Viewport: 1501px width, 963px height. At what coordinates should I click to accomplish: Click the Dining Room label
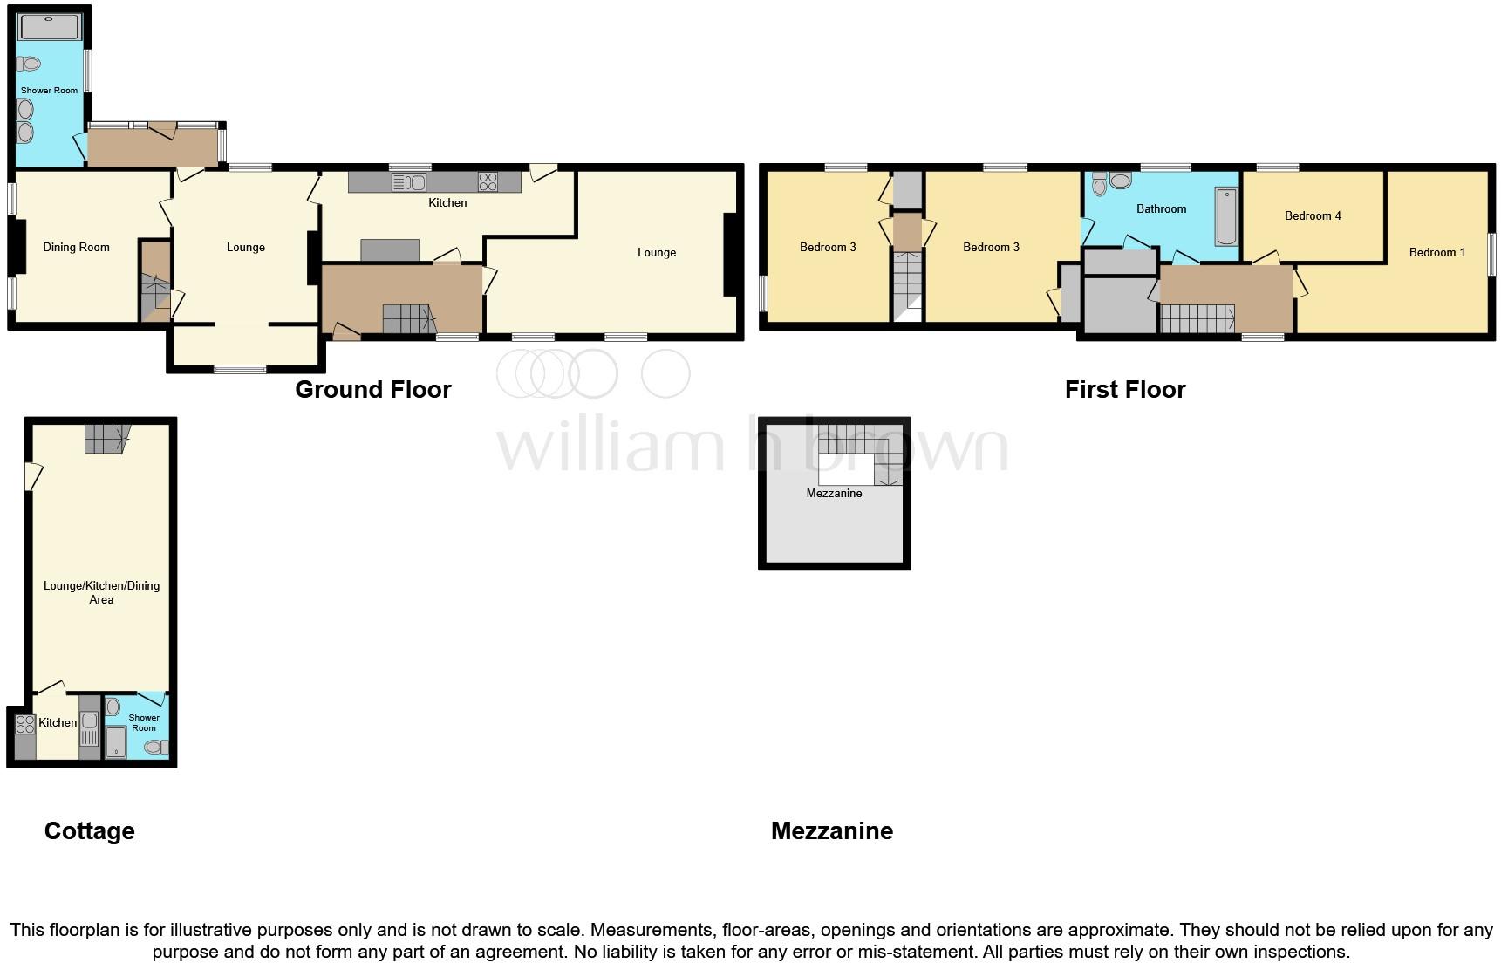[76, 248]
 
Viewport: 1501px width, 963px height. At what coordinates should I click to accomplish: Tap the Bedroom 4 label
[1313, 216]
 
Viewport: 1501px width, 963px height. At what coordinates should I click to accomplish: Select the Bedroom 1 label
[1436, 253]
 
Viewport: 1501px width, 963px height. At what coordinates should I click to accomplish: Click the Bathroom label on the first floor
[1161, 209]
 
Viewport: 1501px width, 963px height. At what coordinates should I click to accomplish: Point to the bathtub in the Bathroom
[1226, 216]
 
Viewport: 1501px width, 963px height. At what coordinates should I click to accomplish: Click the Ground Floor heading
[373, 390]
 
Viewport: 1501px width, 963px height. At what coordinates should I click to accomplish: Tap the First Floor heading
[1125, 390]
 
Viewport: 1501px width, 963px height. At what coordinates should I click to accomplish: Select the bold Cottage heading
[90, 831]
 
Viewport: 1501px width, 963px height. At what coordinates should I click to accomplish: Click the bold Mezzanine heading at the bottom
[832, 831]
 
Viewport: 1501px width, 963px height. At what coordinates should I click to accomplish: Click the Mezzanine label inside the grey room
[834, 494]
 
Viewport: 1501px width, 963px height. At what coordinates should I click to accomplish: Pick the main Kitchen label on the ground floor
[447, 203]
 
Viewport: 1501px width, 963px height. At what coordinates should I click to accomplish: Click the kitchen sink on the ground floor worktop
[409, 182]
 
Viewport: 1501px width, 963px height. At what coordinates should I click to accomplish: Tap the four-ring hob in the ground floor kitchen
[488, 182]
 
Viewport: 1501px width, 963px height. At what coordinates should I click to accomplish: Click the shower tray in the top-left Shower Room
[50, 27]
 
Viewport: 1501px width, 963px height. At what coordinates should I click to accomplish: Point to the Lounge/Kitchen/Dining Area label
[101, 592]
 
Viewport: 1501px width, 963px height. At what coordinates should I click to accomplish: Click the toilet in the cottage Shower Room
[156, 747]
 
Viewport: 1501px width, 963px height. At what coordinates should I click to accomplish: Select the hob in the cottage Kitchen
[24, 724]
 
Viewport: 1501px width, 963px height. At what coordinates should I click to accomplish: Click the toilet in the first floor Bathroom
[1099, 185]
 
